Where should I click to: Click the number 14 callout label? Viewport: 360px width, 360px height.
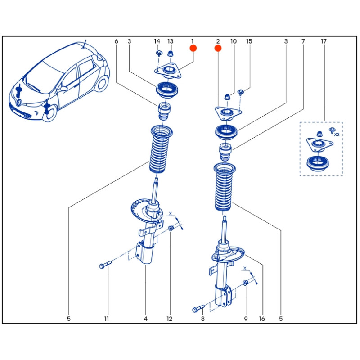[x=157, y=41]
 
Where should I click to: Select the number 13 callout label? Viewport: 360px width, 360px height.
[x=171, y=41]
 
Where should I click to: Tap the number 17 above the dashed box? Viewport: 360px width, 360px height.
[x=324, y=41]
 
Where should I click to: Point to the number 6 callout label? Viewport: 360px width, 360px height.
[x=116, y=41]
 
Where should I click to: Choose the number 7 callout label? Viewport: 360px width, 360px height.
[x=303, y=41]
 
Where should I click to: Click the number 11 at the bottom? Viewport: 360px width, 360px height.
[x=107, y=319]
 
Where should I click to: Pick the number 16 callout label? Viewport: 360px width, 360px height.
[x=262, y=319]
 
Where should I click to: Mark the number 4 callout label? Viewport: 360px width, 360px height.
[x=146, y=319]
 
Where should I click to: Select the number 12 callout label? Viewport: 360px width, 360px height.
[x=170, y=319]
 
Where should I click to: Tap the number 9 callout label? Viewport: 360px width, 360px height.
[x=246, y=319]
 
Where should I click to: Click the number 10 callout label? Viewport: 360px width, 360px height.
[x=234, y=41]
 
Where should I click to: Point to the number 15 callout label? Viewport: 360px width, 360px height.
[x=249, y=41]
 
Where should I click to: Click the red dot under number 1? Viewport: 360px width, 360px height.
[x=193, y=48]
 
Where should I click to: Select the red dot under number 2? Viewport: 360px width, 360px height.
[x=218, y=48]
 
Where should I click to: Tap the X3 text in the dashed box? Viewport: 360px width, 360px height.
[x=337, y=134]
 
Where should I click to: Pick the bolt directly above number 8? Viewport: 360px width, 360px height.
[x=198, y=309]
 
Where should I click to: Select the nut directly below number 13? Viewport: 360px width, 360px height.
[x=171, y=55]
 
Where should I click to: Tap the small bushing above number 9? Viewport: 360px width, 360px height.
[x=246, y=283]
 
